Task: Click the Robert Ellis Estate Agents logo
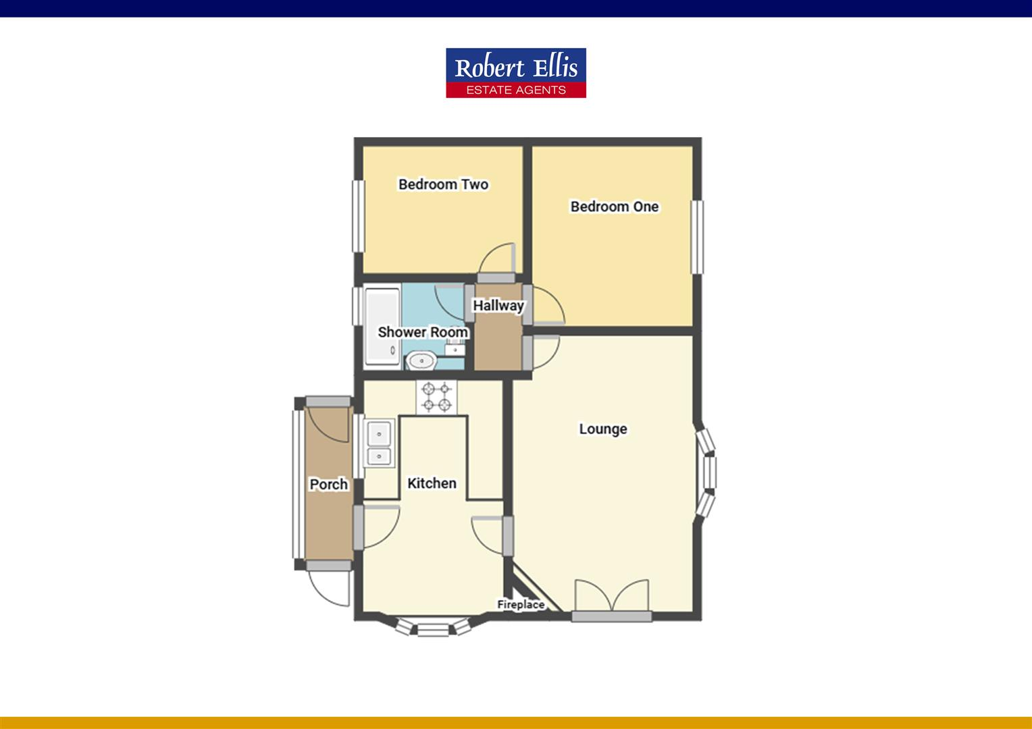[x=515, y=73]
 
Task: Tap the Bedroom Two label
[x=443, y=184]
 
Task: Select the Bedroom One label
[x=614, y=207]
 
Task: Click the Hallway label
[x=498, y=305]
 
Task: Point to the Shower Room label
[x=423, y=332]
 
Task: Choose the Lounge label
[x=602, y=429]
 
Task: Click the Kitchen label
[x=432, y=483]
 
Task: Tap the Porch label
[x=328, y=484]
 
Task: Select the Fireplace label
[x=521, y=605]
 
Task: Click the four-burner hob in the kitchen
[x=436, y=397]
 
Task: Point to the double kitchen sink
[x=379, y=444]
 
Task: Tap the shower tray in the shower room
[x=382, y=327]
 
